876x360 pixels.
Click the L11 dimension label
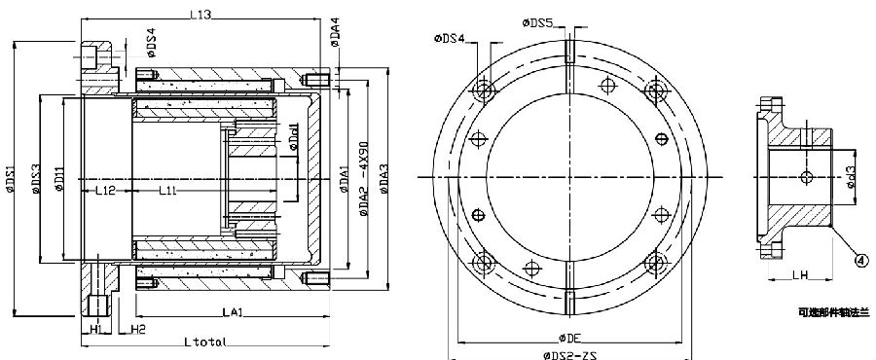tap(166, 192)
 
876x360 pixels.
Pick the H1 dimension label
tap(95, 330)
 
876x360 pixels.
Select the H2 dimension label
tap(138, 330)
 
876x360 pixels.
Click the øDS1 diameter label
tap(11, 185)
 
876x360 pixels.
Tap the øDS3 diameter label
tap(36, 177)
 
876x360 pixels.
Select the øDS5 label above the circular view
tap(538, 21)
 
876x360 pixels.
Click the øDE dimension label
tap(570, 336)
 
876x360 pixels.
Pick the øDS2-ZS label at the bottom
tap(567, 357)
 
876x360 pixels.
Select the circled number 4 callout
tap(861, 259)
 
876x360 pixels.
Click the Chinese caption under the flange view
tap(829, 314)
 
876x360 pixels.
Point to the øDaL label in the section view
tap(297, 146)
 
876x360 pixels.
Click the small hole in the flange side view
tap(806, 176)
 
